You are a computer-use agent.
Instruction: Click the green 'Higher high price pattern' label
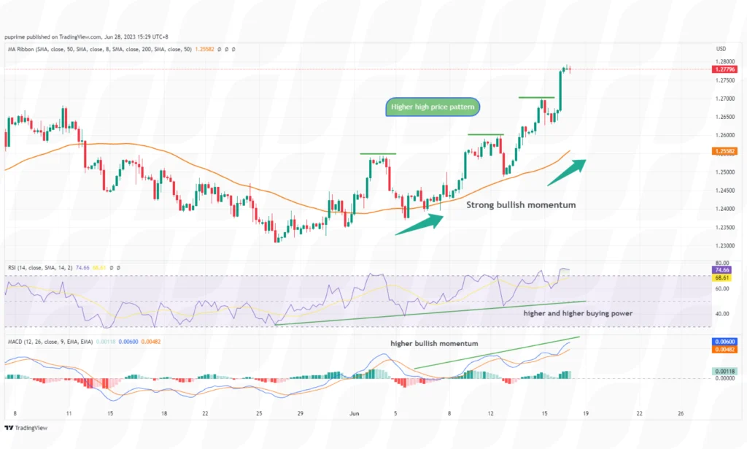pyautogui.click(x=433, y=107)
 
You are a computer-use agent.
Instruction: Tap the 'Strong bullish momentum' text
pyautogui.click(x=521, y=205)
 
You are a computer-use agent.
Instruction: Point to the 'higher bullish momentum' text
pyautogui.click(x=434, y=343)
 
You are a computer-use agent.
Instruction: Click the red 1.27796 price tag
pyautogui.click(x=724, y=69)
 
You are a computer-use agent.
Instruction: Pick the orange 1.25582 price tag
pyautogui.click(x=724, y=151)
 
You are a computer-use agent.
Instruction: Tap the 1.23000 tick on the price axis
pyautogui.click(x=724, y=246)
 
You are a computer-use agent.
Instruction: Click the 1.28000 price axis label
pyautogui.click(x=724, y=61)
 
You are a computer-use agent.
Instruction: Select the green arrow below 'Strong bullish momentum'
pyautogui.click(x=418, y=223)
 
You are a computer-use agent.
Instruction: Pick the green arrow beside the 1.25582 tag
pyautogui.click(x=567, y=166)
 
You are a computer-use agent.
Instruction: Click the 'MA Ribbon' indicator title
pyautogui.click(x=23, y=49)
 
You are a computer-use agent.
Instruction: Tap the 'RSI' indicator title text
pyautogui.click(x=12, y=268)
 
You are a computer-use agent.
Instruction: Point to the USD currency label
pyautogui.click(x=722, y=49)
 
